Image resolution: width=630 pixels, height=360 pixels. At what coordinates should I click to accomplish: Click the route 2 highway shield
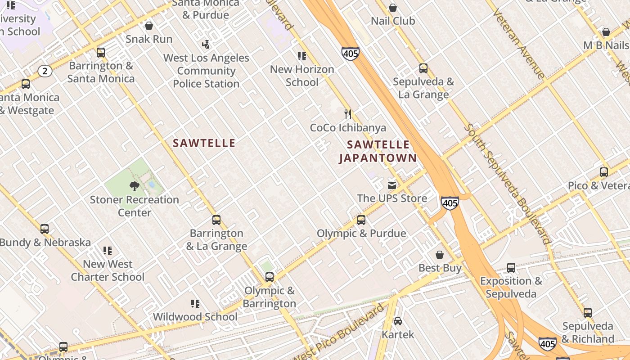point(45,71)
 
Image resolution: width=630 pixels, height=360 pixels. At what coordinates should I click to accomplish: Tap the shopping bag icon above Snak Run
point(149,26)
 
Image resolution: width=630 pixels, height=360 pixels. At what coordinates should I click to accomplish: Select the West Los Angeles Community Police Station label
point(206,71)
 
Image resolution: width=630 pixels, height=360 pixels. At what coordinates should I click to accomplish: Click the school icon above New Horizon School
point(302,56)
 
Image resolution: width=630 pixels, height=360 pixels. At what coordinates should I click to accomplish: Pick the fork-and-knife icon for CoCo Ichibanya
point(348,114)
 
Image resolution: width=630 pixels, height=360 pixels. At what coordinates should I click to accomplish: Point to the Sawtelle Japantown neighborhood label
point(378,151)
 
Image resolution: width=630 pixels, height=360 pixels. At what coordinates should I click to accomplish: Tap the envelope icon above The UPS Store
point(392,185)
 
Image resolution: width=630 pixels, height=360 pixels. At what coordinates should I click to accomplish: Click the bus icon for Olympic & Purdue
point(361,220)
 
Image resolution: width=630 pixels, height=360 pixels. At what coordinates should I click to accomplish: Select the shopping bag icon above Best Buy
point(440,255)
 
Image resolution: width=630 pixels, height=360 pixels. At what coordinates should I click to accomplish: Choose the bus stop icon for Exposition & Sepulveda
point(511,268)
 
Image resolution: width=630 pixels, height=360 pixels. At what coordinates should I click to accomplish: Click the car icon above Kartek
point(398,321)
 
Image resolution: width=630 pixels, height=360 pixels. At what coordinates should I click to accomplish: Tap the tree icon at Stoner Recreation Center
point(134,186)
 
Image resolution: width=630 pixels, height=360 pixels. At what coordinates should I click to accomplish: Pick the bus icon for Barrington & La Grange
point(216,220)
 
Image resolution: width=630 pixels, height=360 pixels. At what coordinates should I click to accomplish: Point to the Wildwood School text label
point(195,317)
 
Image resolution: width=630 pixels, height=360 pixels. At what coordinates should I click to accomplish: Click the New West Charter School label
point(108,270)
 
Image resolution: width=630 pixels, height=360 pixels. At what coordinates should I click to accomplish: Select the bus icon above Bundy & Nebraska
point(45,229)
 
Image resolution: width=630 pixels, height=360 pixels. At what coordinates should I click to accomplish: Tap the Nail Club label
point(393,21)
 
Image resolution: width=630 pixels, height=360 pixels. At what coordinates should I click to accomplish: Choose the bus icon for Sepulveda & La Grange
point(423,68)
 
